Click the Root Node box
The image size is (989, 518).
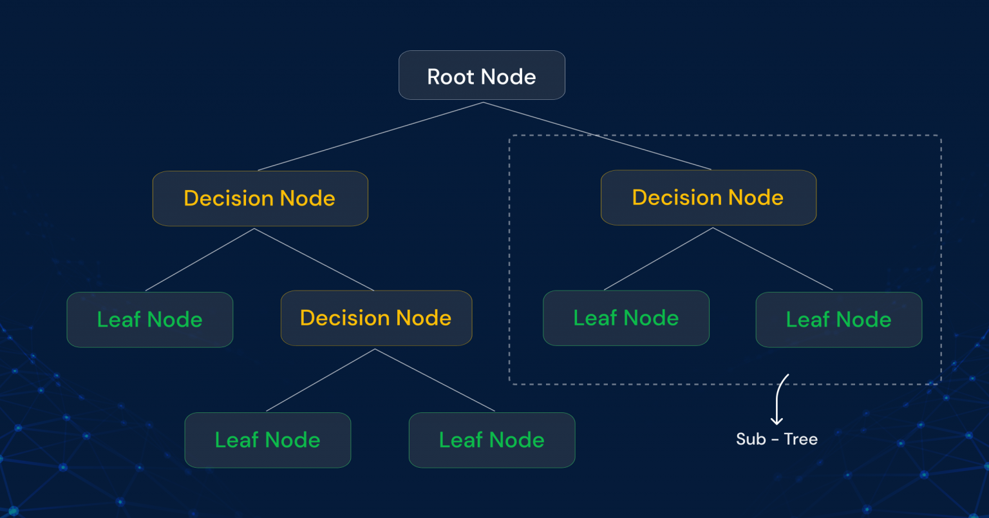point(482,75)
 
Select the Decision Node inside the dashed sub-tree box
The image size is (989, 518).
point(708,198)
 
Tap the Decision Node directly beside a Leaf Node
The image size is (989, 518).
point(376,318)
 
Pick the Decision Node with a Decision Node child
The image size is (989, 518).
point(259,198)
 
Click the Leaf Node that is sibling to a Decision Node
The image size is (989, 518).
point(149,320)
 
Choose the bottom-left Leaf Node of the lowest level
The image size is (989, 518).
point(267,440)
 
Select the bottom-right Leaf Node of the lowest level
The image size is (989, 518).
point(491,440)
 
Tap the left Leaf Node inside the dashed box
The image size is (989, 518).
point(626,318)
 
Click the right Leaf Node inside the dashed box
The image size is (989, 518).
point(838,320)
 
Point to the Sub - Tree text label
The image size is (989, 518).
point(777,439)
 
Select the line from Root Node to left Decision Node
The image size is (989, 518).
point(370,137)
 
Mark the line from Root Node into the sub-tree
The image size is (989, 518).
point(597,136)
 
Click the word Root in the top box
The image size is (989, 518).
point(451,77)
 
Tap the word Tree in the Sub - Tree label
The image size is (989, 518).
point(801,439)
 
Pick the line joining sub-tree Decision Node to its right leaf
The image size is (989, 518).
point(773,259)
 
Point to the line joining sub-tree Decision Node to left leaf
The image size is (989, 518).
point(658,259)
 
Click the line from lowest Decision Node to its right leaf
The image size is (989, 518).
point(435,380)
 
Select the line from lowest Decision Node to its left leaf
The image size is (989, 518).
point(321,380)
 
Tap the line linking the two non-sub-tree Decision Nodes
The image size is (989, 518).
point(314,260)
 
